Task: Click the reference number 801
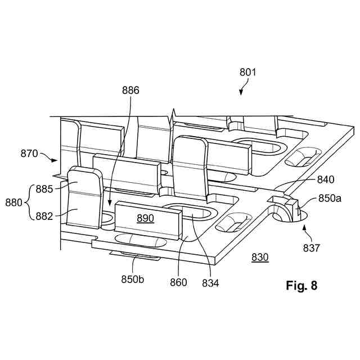coord(247,72)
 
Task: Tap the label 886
coord(130,90)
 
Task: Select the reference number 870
coord(29,152)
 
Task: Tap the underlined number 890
coord(145,218)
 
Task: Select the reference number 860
coord(178,282)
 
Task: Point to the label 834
coord(211,282)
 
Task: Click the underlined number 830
coord(260,257)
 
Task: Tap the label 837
coord(312,247)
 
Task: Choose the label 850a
coord(331,198)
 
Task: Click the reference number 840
coord(325,180)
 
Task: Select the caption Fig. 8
coord(301,286)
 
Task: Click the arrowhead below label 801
coord(241,93)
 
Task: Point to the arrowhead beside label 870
coord(56,160)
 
